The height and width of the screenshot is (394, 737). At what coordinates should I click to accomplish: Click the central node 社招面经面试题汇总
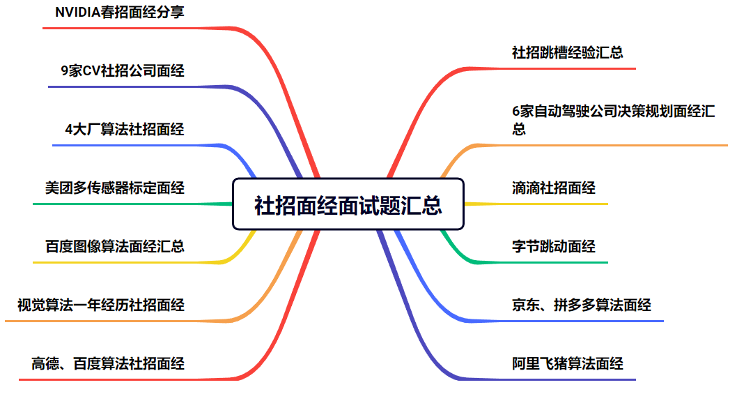[x=348, y=204]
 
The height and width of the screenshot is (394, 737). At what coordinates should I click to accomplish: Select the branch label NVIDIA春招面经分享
[x=119, y=12]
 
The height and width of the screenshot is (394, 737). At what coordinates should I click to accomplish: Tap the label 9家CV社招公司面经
[x=123, y=70]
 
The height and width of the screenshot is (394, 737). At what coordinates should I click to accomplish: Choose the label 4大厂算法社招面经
[x=125, y=129]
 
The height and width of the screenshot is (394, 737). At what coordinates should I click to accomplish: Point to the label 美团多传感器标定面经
[x=114, y=188]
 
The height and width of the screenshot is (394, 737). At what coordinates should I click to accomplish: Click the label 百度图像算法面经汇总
[x=114, y=246]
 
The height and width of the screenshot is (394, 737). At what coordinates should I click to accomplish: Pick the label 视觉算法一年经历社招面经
[x=100, y=305]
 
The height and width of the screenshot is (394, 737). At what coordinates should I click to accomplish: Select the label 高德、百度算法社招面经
[x=107, y=363]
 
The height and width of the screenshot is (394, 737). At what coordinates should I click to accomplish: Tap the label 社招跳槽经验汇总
[x=567, y=52]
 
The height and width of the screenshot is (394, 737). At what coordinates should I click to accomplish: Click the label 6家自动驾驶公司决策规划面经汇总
[x=613, y=120]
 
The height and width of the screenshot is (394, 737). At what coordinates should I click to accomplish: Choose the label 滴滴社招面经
[x=553, y=188]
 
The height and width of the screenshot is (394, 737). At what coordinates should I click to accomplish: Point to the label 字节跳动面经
[x=553, y=246]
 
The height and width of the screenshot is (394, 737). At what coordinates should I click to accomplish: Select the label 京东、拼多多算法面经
[x=581, y=305]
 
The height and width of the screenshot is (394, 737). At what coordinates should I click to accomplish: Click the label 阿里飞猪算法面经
[x=567, y=363]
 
